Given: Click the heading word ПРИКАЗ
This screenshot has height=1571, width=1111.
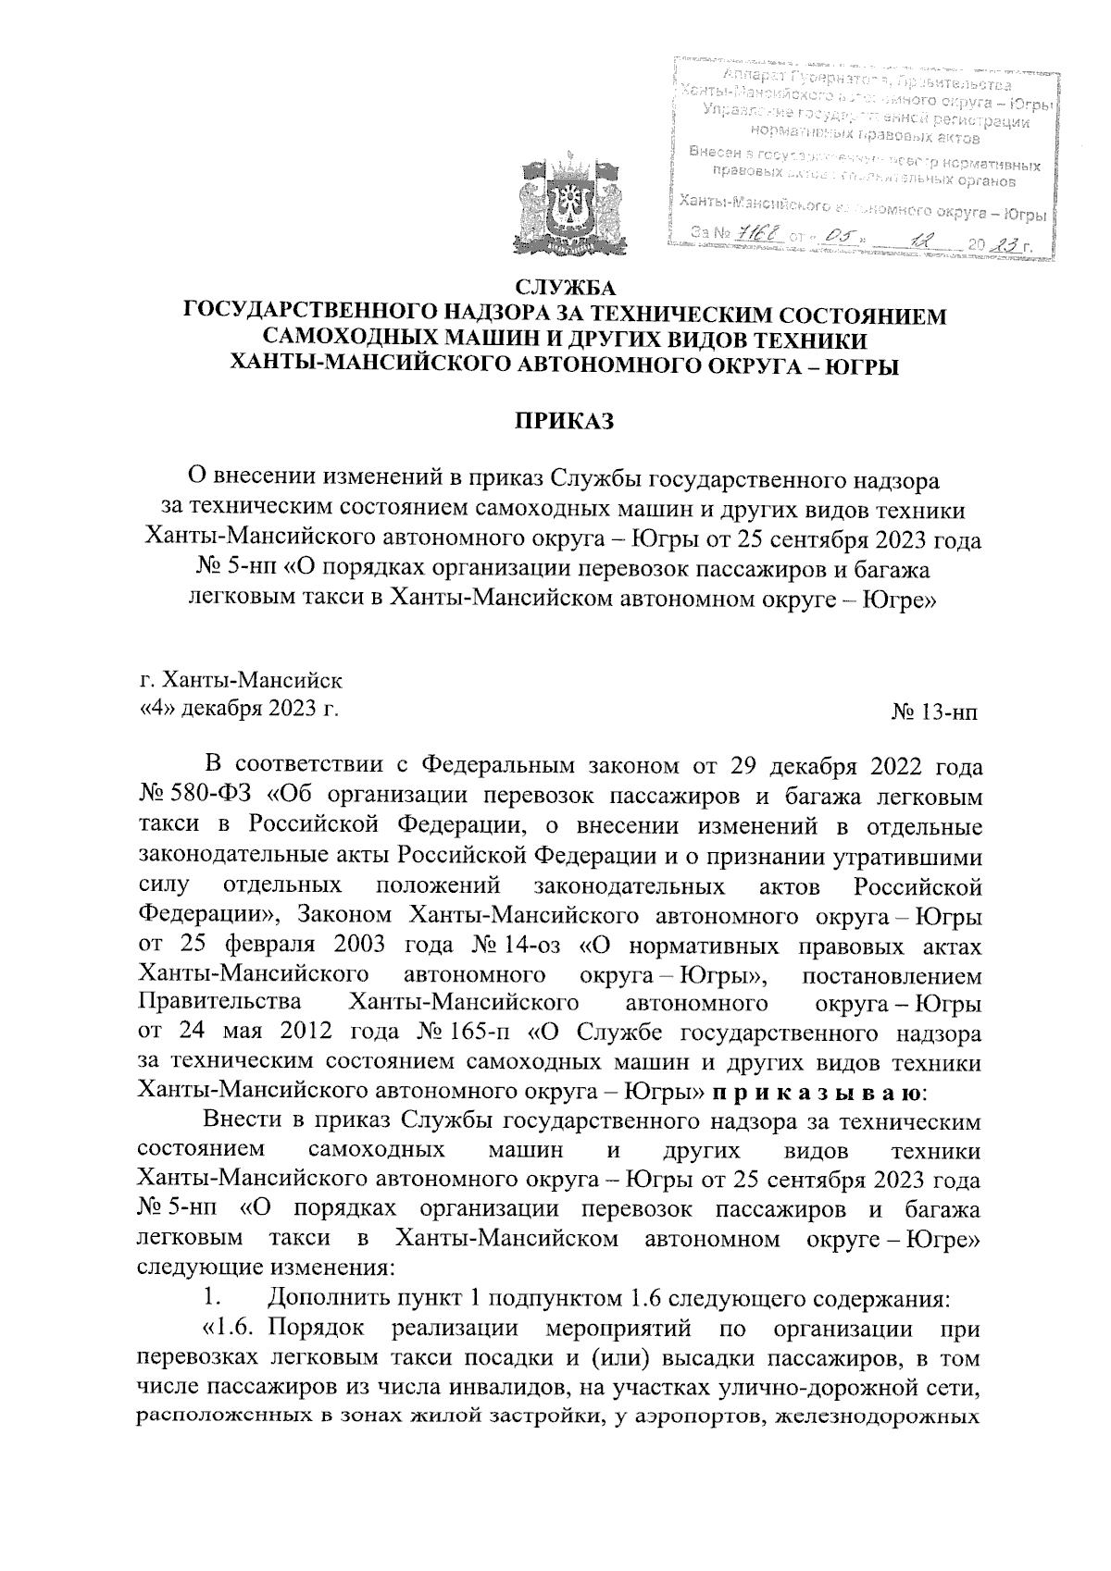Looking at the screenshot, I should [x=565, y=422].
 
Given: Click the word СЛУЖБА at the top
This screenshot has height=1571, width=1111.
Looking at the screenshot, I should [x=565, y=289].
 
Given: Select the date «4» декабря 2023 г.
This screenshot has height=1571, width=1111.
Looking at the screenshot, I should [x=238, y=710].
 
